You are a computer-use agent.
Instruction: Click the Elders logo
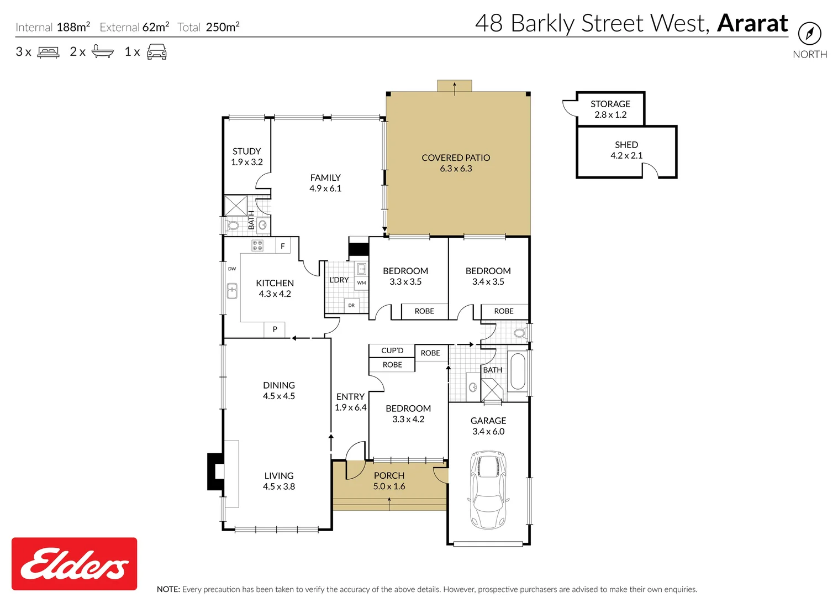(x=74, y=563)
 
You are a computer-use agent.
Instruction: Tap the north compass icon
(x=809, y=34)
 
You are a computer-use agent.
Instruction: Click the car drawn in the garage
(x=488, y=489)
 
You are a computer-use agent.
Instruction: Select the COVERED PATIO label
(x=456, y=158)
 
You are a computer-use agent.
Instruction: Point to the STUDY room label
(x=246, y=151)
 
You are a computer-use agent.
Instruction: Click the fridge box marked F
(x=282, y=246)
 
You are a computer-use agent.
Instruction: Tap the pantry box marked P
(x=275, y=329)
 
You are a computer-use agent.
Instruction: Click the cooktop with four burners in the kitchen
(x=257, y=245)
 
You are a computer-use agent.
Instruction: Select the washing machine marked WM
(x=361, y=282)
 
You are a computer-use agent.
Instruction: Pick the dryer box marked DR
(x=351, y=305)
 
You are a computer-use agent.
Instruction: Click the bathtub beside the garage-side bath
(x=518, y=371)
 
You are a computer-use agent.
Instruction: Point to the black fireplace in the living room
(x=215, y=472)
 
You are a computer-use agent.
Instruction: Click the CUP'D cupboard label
(x=392, y=350)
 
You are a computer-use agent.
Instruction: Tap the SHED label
(x=626, y=145)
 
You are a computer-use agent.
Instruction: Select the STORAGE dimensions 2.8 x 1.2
(x=610, y=115)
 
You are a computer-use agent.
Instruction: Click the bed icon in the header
(x=48, y=53)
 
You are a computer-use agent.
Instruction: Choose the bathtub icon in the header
(x=102, y=52)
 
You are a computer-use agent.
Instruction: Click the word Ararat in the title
(x=752, y=23)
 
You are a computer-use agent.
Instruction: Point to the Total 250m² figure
(x=208, y=27)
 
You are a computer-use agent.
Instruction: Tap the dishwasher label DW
(x=232, y=269)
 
